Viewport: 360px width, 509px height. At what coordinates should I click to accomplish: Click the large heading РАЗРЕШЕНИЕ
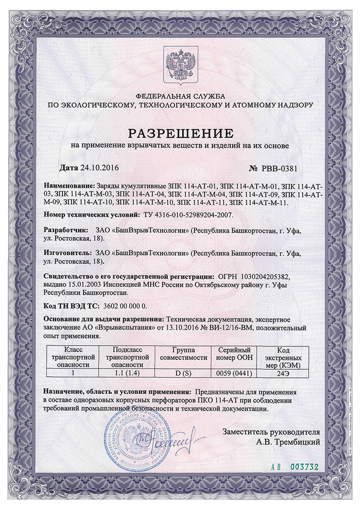pos(180,133)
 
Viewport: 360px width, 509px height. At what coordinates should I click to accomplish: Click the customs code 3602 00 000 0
pos(125,306)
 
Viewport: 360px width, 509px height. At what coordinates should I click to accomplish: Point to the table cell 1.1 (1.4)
pos(128,372)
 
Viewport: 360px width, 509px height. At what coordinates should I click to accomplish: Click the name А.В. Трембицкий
pos(288,441)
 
